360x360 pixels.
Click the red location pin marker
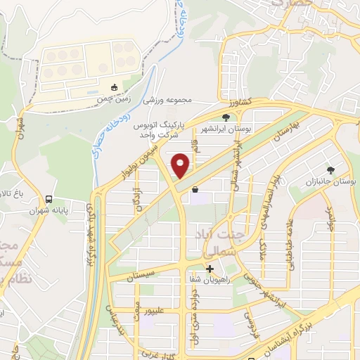point(181,166)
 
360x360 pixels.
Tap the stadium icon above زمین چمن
point(115,87)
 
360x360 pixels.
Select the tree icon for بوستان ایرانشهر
point(226,117)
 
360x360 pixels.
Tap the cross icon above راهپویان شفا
point(210,269)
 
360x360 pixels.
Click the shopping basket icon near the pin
point(195,188)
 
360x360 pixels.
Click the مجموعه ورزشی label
point(168,101)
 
